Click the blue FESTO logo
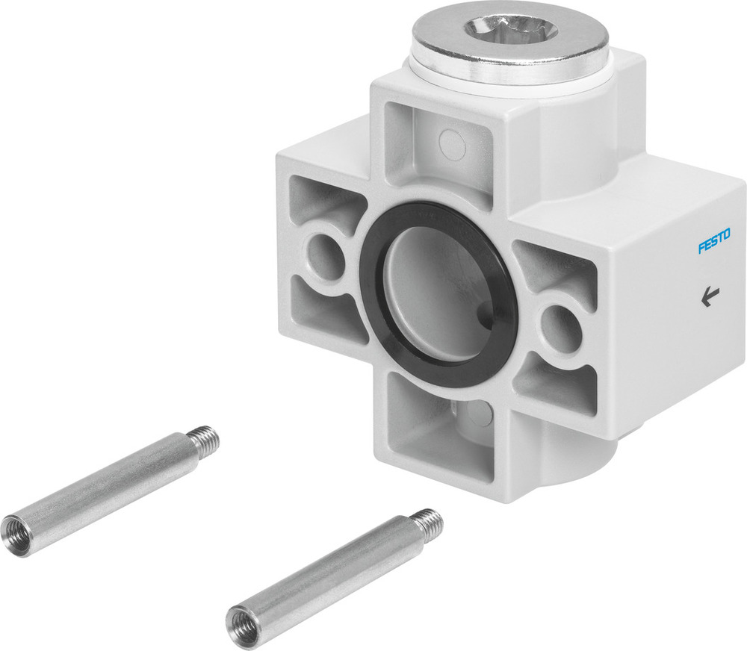[x=714, y=242]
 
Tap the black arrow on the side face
[x=707, y=299]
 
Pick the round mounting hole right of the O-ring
[x=558, y=325]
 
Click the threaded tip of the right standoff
[x=428, y=520]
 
